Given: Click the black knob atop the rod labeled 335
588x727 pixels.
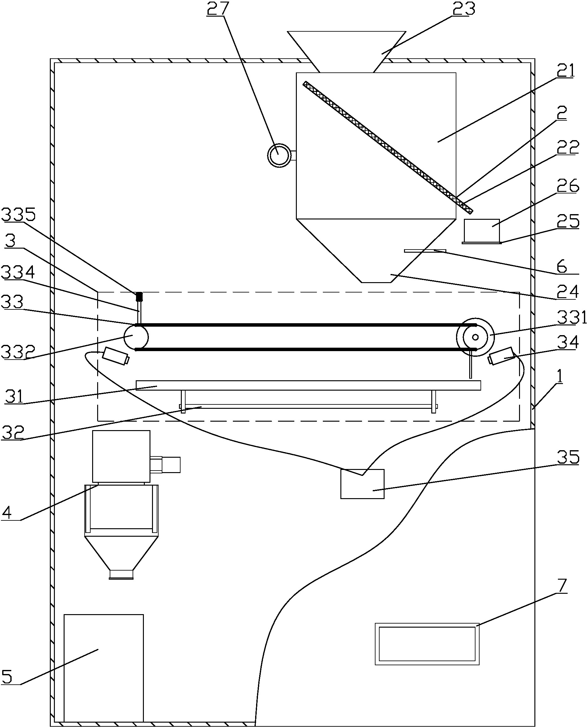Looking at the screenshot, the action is click(139, 297).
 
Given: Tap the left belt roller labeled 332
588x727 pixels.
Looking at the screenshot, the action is click(135, 337).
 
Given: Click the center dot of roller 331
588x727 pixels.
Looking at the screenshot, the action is click(475, 337).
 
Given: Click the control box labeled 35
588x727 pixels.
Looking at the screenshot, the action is click(362, 484).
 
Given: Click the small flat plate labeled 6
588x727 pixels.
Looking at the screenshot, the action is click(425, 251).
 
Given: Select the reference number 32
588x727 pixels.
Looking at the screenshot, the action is click(13, 432).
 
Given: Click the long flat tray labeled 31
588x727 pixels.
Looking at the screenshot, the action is click(308, 385).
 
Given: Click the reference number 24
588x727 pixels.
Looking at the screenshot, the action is click(567, 292).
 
